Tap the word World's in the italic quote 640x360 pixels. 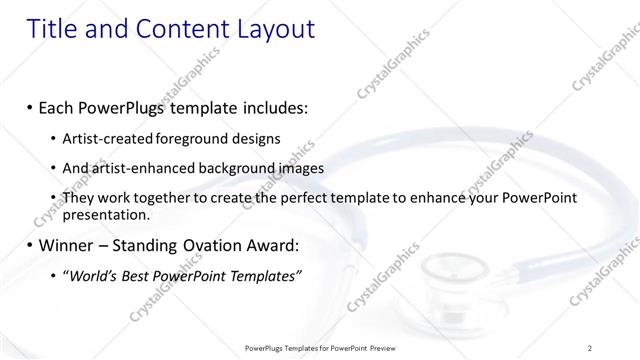[x=92, y=275]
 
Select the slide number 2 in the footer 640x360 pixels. [x=590, y=347]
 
